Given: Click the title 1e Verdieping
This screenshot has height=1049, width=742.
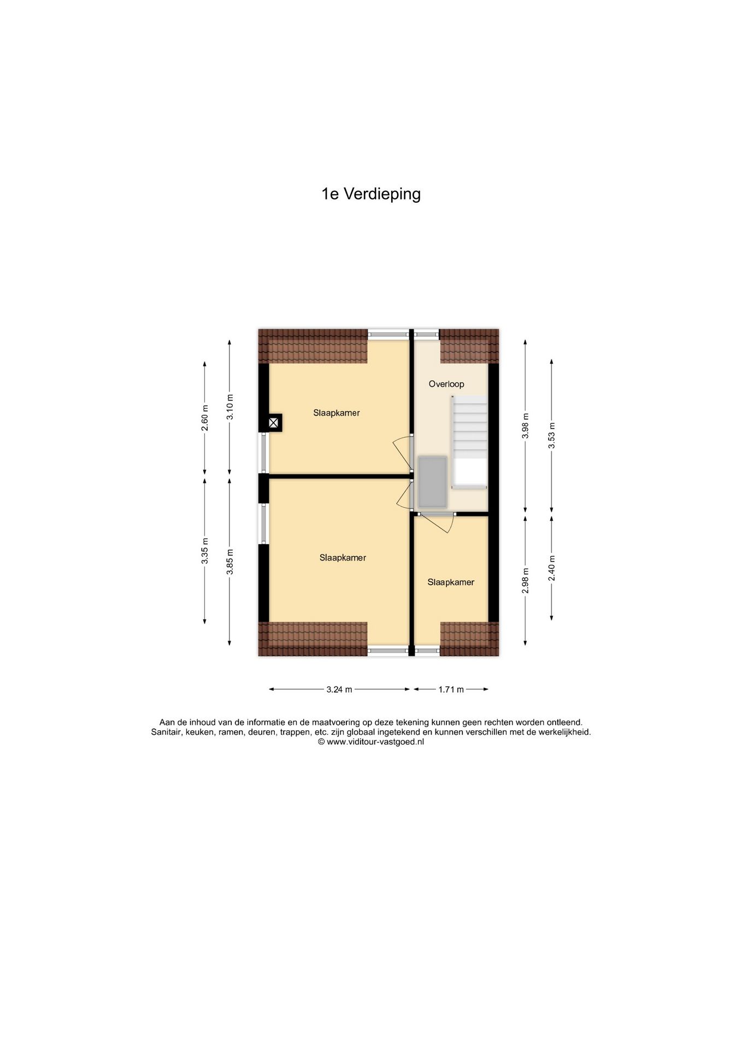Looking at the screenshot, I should [371, 194].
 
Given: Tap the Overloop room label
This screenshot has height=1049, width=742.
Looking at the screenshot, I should [446, 384].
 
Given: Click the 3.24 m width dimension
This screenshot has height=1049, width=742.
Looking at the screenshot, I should [339, 689].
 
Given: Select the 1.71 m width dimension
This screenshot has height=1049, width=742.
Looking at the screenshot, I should [451, 689].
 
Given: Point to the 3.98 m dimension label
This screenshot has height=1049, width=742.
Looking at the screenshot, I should [525, 426].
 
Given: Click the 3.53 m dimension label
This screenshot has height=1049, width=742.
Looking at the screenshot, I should [552, 435].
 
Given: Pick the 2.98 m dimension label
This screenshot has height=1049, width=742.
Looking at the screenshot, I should [525, 581].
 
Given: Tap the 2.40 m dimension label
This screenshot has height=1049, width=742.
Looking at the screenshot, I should [552, 568].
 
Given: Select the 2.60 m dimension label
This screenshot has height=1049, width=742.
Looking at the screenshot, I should [205, 418].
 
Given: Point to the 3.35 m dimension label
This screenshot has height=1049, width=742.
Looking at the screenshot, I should [205, 552].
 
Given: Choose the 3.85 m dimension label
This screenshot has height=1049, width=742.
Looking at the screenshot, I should [229, 562].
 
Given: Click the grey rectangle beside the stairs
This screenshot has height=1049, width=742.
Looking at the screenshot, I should [433, 482].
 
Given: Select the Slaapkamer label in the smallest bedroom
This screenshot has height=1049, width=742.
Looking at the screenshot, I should [451, 582].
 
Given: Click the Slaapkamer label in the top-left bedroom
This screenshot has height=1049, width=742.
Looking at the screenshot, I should [336, 413].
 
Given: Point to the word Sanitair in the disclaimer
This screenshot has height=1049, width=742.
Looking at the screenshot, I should [166, 732].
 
